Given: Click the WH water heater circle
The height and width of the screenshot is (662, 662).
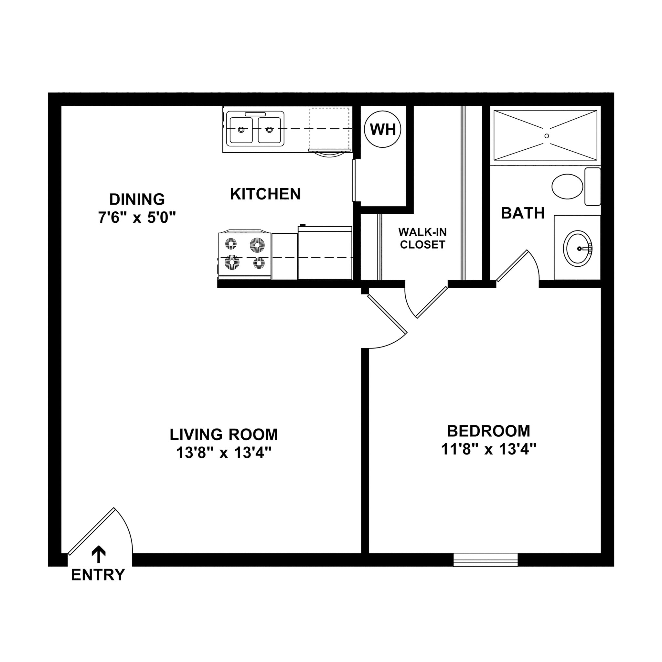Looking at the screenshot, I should (382, 129).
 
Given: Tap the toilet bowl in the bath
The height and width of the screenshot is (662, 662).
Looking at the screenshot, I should (567, 186).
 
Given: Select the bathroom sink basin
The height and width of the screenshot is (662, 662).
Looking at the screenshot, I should (577, 249).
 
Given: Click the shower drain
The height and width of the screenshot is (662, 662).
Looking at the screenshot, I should (547, 136).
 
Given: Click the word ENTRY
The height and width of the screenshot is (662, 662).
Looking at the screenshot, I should (98, 575).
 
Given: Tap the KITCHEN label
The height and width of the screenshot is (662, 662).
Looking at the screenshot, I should (265, 194).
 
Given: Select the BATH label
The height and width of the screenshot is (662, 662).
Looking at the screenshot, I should (523, 213).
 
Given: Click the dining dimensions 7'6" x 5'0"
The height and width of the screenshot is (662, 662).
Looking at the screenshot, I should (137, 217).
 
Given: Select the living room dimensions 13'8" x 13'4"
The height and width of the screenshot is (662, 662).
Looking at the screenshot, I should (224, 453).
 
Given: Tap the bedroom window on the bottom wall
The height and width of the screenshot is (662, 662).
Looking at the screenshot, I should (485, 560).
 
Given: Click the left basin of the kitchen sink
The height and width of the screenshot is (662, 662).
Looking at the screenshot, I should (241, 130).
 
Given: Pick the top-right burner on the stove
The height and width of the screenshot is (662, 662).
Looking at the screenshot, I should (257, 245).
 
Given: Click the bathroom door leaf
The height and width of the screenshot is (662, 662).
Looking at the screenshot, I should (512, 266).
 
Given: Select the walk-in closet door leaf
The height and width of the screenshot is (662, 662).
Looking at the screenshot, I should (432, 302).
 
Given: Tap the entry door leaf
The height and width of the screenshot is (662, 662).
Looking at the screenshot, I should (91, 531).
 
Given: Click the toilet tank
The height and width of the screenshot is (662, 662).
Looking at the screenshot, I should (593, 187).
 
